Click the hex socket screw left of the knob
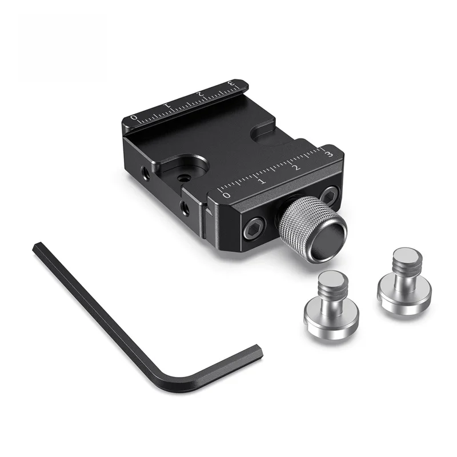click(254, 228)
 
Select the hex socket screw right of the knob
click(330, 195)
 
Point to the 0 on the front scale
click(226, 195)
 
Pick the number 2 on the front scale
click(296, 168)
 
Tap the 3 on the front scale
click(330, 154)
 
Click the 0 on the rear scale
click(134, 118)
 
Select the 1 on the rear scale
click(167, 106)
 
